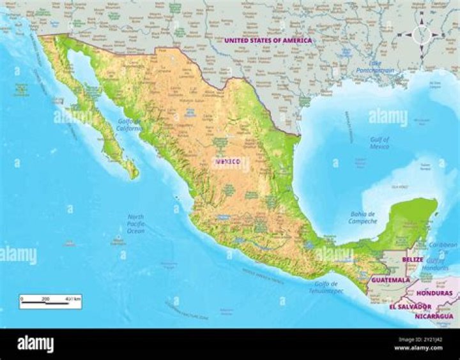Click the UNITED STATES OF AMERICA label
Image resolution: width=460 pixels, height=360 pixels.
268,40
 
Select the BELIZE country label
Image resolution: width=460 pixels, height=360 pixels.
413,260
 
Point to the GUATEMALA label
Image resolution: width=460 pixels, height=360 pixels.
390,280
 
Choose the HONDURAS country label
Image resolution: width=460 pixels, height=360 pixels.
434,293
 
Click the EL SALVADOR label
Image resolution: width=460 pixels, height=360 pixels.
410,306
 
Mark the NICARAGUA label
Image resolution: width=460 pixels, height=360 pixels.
434,316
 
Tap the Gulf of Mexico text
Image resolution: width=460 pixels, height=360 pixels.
379,142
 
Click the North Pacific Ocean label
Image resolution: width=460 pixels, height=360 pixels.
135,223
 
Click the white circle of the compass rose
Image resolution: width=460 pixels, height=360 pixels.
422,34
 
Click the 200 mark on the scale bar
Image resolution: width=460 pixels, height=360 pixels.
45,298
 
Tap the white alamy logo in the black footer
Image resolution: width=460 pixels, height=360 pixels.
36,344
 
